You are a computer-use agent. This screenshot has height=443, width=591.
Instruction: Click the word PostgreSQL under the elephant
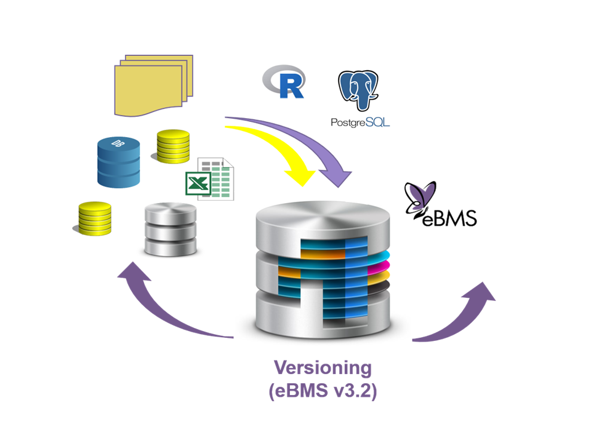coord(360,122)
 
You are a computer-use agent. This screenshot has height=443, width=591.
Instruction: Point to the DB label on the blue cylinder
coord(118,143)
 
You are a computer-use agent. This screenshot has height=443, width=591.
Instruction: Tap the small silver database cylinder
coord(171,230)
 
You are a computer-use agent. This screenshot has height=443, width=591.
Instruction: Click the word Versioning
coord(323,368)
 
